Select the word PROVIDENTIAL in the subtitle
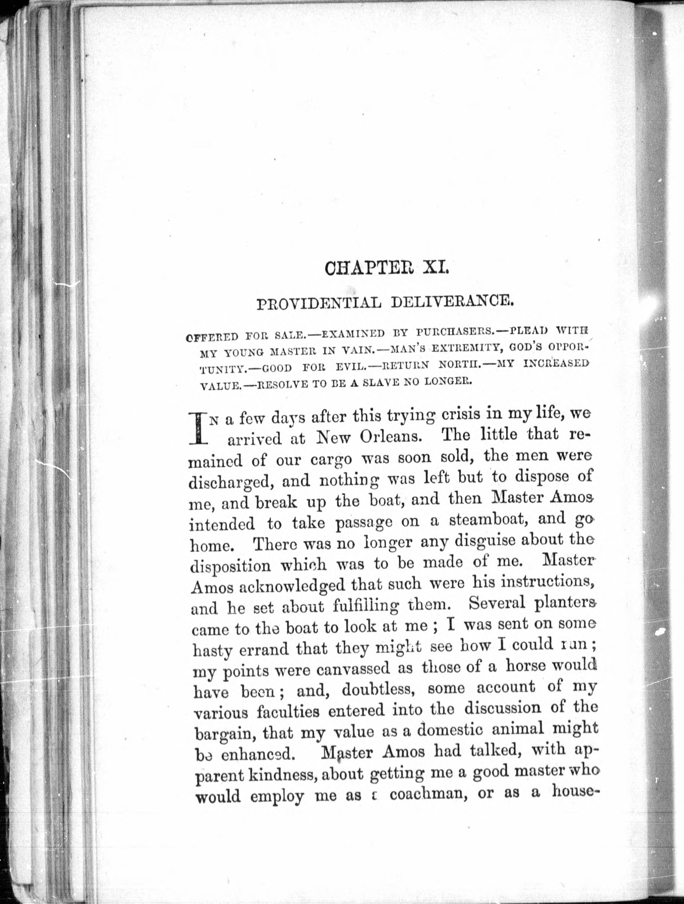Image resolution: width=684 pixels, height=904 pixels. [x=318, y=304]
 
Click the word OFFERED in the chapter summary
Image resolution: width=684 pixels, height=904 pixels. [x=212, y=338]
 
